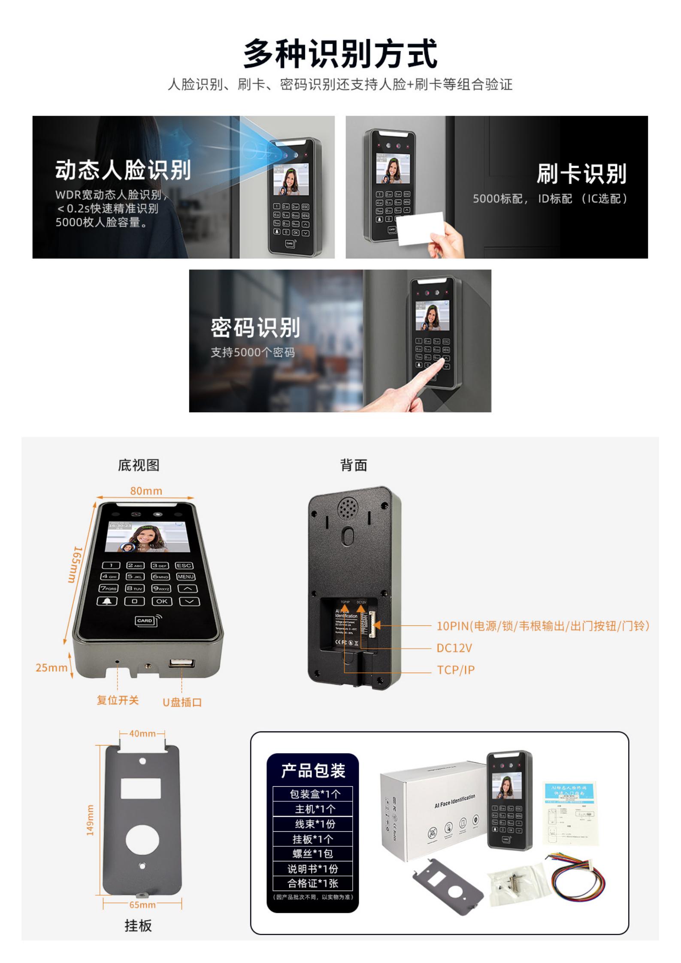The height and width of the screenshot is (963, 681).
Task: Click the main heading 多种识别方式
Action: click(x=340, y=54)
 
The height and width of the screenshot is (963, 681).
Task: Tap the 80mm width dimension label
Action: click(x=146, y=491)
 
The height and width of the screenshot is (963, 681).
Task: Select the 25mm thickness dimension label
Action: click(x=51, y=667)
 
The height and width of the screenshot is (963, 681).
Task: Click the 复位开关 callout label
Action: click(x=118, y=700)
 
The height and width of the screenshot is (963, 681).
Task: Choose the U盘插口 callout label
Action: click(x=182, y=702)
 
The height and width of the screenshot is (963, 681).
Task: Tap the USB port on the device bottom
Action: click(x=182, y=663)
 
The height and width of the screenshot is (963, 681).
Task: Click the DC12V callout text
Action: click(x=454, y=648)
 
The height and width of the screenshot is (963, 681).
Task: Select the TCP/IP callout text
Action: click(x=456, y=670)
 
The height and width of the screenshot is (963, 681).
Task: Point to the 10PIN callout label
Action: click(x=543, y=626)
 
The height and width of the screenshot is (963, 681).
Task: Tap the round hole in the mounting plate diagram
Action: click(x=142, y=839)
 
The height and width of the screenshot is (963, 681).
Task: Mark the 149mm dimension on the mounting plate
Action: click(x=90, y=820)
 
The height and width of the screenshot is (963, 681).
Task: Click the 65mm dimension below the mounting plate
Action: click(x=142, y=905)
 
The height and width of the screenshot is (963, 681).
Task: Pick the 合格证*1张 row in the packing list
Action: click(x=312, y=883)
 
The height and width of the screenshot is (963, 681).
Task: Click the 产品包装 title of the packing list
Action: click(x=313, y=771)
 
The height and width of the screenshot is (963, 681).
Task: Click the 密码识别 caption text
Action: click(x=255, y=328)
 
